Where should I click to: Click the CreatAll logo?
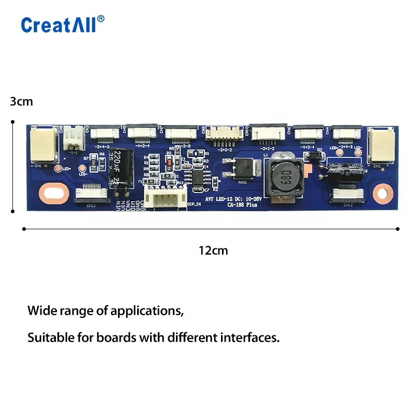[x=63, y=24]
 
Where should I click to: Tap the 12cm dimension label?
[x=213, y=250]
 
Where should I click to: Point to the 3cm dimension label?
[x=21, y=101]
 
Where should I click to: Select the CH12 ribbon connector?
[x=347, y=195]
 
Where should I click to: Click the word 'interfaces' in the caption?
[x=250, y=338]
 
